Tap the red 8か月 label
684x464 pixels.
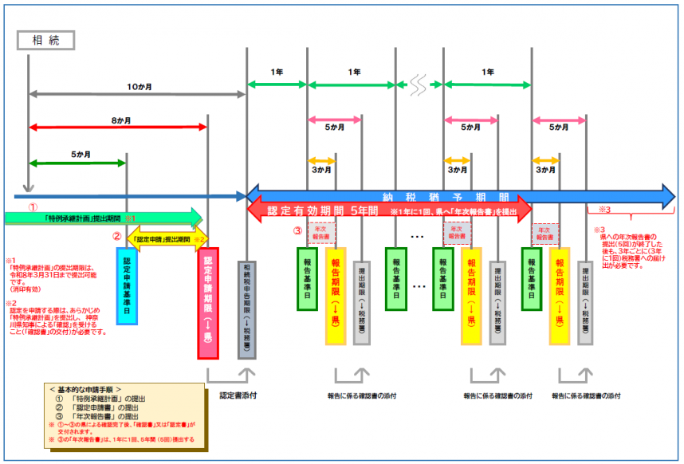click(121, 120)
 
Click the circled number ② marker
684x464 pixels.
click(116, 236)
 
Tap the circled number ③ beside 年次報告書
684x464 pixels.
click(297, 232)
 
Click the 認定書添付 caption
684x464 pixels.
click(236, 394)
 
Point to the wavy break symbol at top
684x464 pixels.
click(419, 82)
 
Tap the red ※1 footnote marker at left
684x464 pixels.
click(11, 261)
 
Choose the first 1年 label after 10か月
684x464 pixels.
click(277, 73)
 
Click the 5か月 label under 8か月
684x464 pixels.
click(80, 154)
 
